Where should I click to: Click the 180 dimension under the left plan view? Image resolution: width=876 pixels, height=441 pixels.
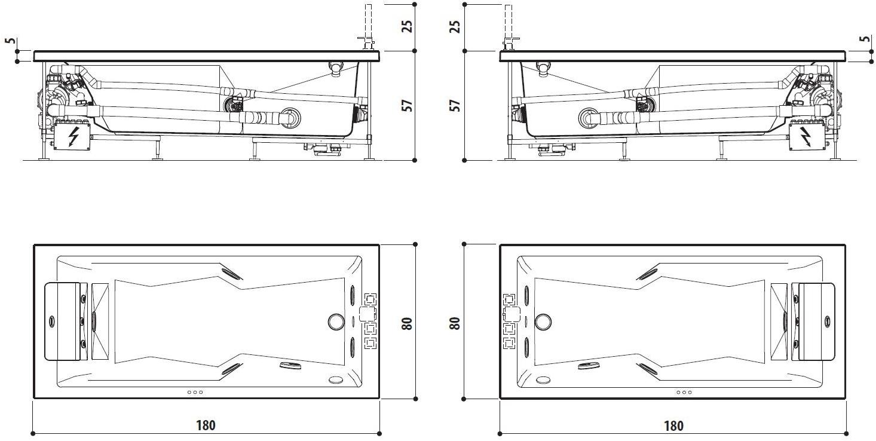point(206,425)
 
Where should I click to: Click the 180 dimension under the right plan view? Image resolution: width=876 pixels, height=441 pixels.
point(673,425)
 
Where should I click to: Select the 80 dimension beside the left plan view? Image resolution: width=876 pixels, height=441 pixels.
point(407,323)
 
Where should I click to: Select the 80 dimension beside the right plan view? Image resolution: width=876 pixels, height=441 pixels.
point(455,323)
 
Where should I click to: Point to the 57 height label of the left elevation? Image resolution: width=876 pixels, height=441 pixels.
point(407,105)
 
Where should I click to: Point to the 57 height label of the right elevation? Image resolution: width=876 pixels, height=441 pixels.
point(455,105)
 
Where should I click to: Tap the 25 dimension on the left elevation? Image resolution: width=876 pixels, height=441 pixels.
point(407,26)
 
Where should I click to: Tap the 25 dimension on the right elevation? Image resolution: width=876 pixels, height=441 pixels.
point(455,26)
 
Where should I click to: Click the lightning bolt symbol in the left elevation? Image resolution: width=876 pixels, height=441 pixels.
point(73,137)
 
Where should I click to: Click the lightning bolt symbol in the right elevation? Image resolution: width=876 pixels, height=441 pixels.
point(807,137)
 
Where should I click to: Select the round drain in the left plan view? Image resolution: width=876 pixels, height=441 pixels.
point(336,321)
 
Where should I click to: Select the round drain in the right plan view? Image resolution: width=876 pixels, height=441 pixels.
point(543,321)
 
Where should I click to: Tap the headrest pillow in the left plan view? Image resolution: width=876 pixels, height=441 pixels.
point(63,321)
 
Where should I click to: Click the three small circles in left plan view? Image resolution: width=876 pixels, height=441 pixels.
point(195,393)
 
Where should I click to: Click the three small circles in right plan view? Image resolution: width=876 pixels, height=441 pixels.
point(684,393)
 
